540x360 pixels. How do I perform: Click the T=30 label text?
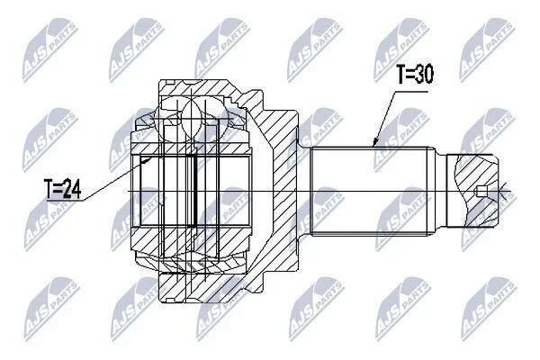coord(415,74)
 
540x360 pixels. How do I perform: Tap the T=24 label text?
coord(63,189)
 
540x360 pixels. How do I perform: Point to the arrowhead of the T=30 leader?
coord(375,142)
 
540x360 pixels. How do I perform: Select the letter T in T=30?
coord(401,74)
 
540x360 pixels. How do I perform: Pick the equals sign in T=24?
coord(58,190)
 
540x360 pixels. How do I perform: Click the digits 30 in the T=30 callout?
coord(424,74)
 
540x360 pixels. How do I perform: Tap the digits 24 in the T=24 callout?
coord(72,189)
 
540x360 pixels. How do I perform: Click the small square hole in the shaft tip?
coord(481,191)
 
